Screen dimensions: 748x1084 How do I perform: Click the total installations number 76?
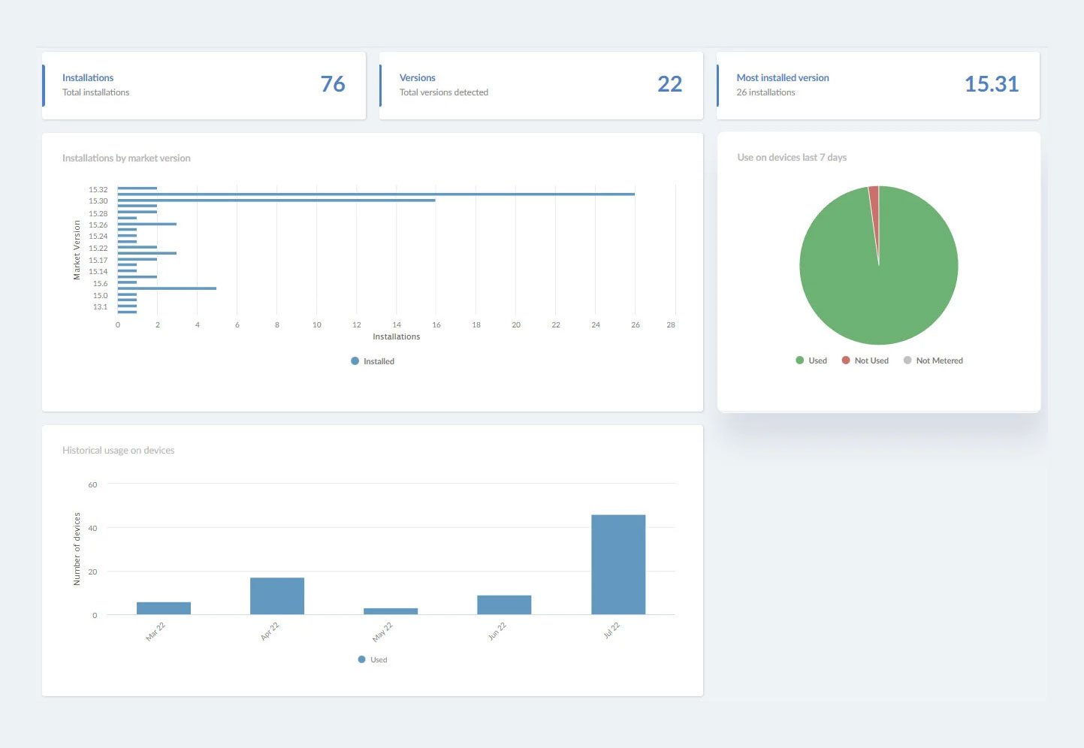coord(333,84)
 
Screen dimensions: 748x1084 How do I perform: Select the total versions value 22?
coord(669,84)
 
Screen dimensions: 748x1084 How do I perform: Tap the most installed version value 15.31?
coord(991,84)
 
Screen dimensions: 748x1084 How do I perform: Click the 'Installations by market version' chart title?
coord(126,158)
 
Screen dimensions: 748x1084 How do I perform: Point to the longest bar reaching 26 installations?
coord(376,195)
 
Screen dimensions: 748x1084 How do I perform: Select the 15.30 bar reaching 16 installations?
coord(276,201)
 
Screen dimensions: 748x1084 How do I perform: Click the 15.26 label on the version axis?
coord(98,225)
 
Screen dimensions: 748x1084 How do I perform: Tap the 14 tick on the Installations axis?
coord(397,325)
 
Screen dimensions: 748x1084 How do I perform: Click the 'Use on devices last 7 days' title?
coord(792,158)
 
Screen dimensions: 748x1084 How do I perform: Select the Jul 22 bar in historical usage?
coord(618,565)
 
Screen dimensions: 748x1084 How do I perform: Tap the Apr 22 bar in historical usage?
coord(277,596)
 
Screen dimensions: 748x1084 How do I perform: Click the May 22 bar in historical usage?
coord(391,611)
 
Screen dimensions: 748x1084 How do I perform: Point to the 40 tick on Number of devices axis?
coord(92,529)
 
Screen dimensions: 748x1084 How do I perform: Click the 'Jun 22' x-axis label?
coord(497,632)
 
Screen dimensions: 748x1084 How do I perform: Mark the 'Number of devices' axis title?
coord(77,549)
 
